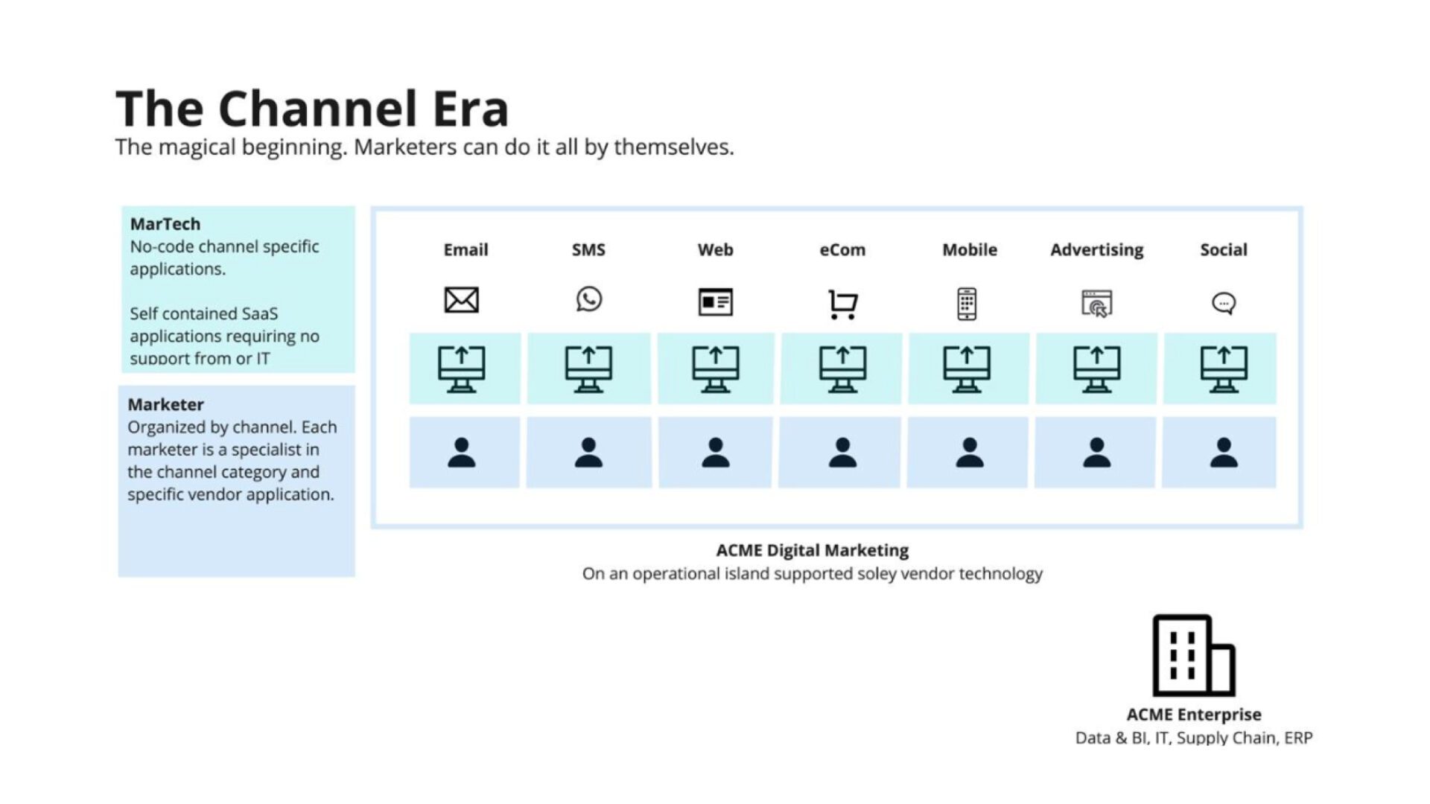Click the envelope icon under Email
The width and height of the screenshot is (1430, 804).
[462, 300]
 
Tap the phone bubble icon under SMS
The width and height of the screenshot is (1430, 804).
[588, 299]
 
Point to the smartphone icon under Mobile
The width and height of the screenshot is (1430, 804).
[967, 304]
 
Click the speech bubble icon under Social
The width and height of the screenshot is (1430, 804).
[1224, 303]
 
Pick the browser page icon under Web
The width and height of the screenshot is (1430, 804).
[715, 301]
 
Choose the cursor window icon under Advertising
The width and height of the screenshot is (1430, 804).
[1096, 304]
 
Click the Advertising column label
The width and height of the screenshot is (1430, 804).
[1096, 250]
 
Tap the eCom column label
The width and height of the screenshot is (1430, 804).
[842, 250]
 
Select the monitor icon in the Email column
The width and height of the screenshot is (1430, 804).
[462, 368]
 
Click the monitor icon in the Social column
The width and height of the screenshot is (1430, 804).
[1224, 368]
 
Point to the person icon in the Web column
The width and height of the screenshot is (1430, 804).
[715, 453]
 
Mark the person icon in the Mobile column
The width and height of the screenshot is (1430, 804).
[969, 453]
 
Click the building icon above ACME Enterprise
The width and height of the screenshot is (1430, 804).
[1193, 655]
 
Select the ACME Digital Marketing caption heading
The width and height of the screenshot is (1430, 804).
[812, 550]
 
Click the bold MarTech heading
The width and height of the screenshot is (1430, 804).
[165, 224]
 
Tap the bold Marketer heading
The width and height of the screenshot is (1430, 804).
[165, 405]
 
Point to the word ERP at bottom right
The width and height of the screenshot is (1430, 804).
[1298, 738]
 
